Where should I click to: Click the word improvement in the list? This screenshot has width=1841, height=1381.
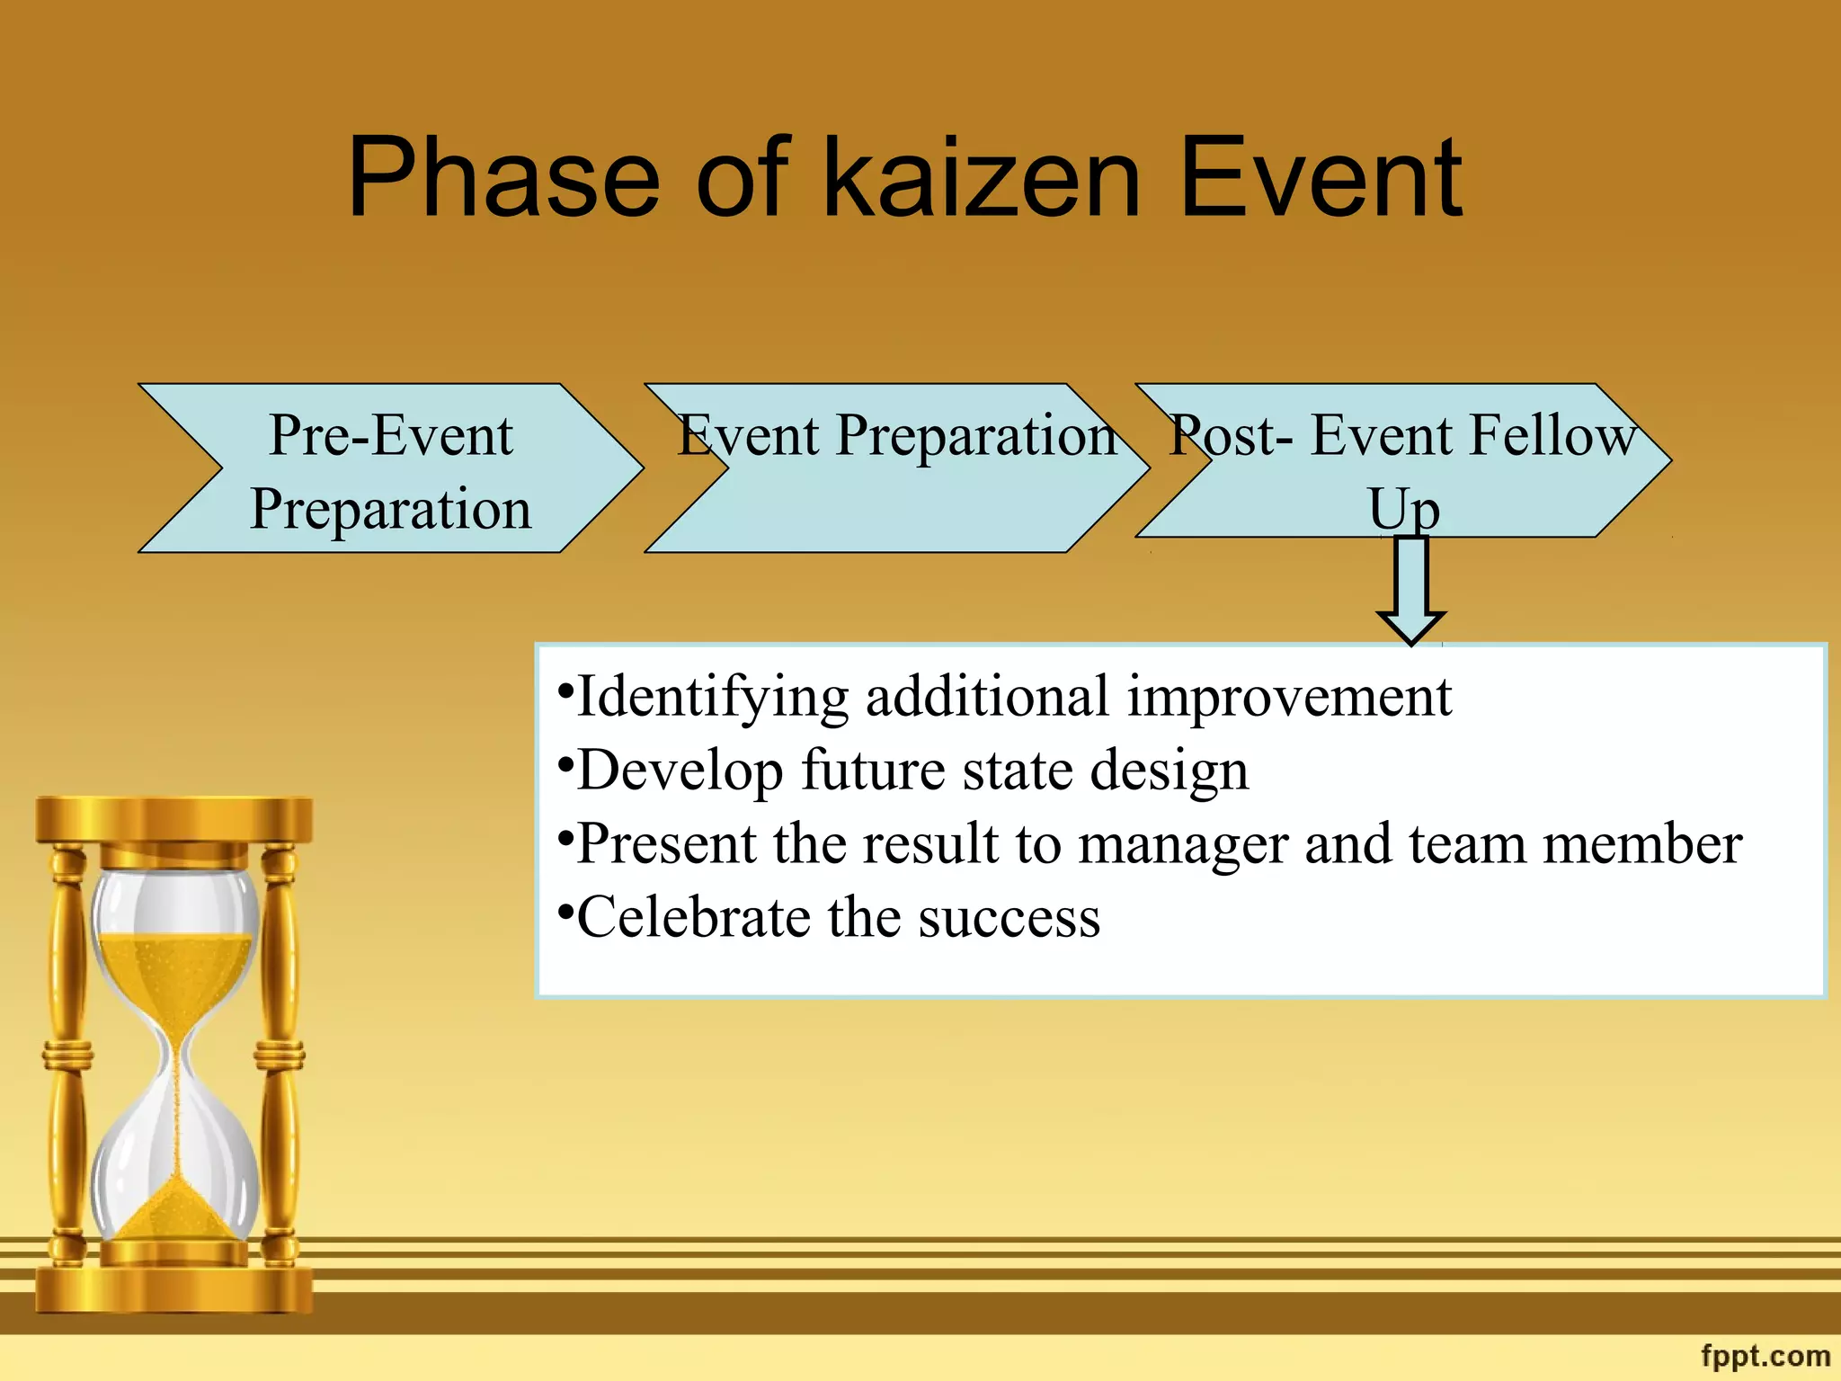tap(1289, 698)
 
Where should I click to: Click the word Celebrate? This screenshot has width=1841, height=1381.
tap(693, 919)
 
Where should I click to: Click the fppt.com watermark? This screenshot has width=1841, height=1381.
tap(1765, 1355)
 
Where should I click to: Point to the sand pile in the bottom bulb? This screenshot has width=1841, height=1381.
tap(175, 1214)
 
